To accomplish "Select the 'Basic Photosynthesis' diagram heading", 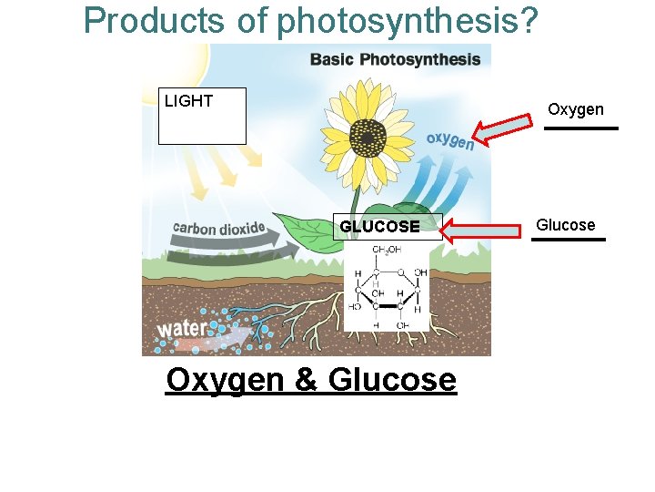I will click(395, 60).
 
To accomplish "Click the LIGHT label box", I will click(202, 116).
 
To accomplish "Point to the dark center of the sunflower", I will click(367, 138).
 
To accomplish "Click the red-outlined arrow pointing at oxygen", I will click(505, 130).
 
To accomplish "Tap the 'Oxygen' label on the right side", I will click(575, 109).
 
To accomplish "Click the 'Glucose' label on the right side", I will click(565, 225).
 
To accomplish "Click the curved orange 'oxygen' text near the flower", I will click(449, 141).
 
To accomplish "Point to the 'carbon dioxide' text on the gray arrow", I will click(219, 228).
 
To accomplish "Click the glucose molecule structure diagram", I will click(387, 287).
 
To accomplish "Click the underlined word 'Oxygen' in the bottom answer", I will click(225, 379).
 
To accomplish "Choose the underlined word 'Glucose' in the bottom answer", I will click(391, 379).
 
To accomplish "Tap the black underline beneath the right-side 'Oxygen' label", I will click(580, 128).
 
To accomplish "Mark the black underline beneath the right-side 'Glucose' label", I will click(569, 240).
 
